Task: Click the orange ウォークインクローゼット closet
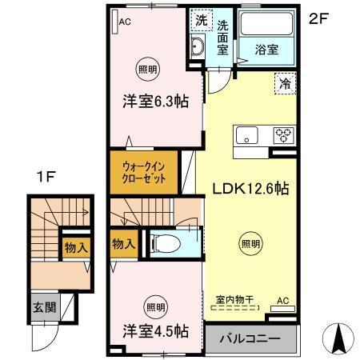146,173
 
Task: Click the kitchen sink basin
247,134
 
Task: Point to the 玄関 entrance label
45,306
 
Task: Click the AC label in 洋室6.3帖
124,22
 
